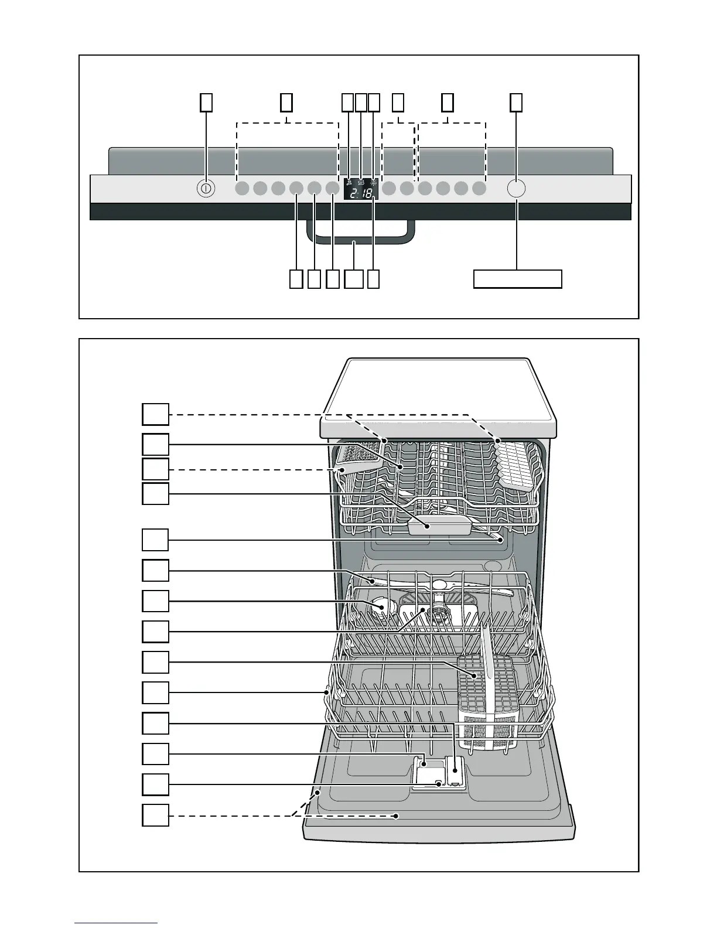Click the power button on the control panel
(206, 189)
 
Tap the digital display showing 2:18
(360, 189)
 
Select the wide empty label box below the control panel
(517, 279)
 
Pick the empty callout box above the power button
(206, 103)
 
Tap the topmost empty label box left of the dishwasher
(155, 414)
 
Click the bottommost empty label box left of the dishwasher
(155, 815)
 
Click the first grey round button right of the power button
(242, 189)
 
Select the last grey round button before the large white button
(479, 189)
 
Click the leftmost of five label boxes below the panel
(296, 279)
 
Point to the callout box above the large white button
(515, 103)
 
